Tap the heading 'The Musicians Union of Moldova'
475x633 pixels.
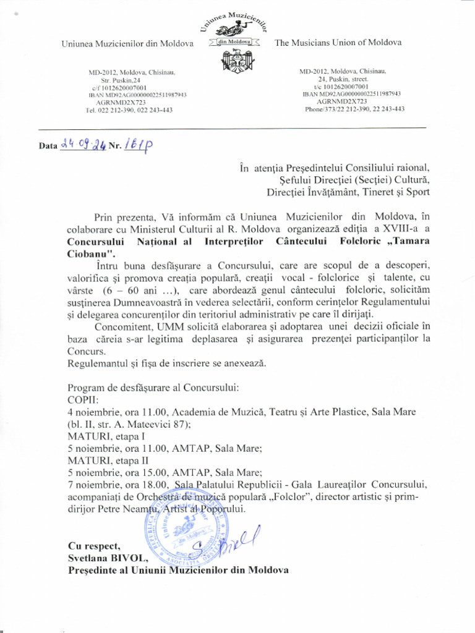338,43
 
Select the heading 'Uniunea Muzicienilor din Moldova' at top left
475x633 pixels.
127,43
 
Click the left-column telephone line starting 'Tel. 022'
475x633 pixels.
129,110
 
